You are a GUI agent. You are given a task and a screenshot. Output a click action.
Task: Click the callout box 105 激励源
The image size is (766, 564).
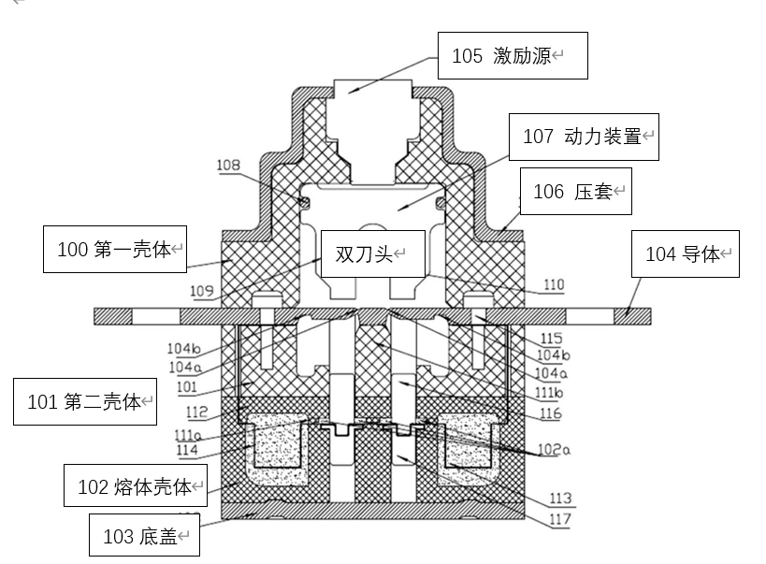pos(513,56)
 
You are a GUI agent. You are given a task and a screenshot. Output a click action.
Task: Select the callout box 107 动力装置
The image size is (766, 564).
pos(583,137)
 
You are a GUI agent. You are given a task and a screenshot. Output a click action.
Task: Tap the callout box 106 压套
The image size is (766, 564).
pos(575,192)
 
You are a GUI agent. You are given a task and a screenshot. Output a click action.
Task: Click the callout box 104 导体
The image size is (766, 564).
pos(686,253)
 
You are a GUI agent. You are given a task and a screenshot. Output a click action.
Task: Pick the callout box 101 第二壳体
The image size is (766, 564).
pos(85,402)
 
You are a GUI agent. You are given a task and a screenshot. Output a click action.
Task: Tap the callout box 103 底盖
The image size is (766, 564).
pos(143,536)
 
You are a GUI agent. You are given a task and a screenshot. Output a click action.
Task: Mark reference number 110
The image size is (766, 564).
pos(554,284)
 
